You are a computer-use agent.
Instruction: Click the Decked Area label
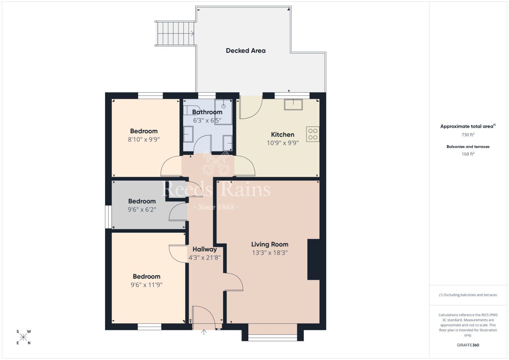click(x=245, y=51)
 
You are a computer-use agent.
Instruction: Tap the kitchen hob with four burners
click(x=313, y=134)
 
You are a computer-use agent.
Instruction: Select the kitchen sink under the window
click(x=293, y=104)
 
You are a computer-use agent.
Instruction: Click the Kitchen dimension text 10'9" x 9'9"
click(x=282, y=143)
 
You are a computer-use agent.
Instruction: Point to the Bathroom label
click(x=207, y=112)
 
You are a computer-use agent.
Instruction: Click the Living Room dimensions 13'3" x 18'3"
click(x=270, y=253)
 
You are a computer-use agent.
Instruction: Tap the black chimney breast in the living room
click(x=313, y=260)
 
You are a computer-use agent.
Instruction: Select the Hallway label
click(x=205, y=249)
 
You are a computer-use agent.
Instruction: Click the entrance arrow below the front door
click(x=204, y=332)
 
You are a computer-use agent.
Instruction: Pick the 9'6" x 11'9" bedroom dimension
click(x=146, y=285)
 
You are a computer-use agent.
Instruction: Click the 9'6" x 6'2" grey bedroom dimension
click(x=142, y=210)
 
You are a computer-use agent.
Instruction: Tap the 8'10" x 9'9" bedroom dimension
click(x=144, y=139)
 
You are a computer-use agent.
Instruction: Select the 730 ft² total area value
click(x=468, y=135)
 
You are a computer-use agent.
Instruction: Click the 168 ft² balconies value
click(x=468, y=154)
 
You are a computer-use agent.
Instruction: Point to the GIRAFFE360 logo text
click(x=468, y=345)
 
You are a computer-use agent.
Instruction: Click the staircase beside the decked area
click(x=175, y=33)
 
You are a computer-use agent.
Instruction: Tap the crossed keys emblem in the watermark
click(x=216, y=163)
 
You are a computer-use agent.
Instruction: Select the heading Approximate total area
click(x=467, y=126)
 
